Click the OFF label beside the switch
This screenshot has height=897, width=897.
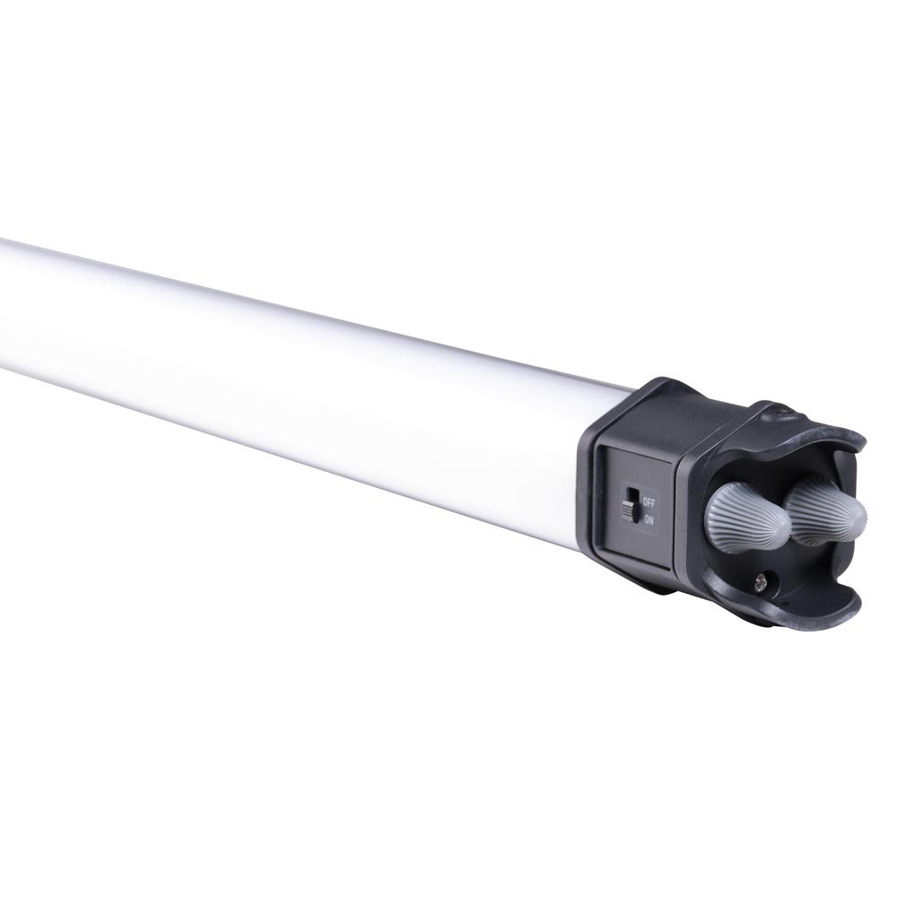click(x=649, y=503)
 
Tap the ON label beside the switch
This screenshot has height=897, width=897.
click(x=649, y=520)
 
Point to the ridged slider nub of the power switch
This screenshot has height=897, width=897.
click(x=628, y=509)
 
